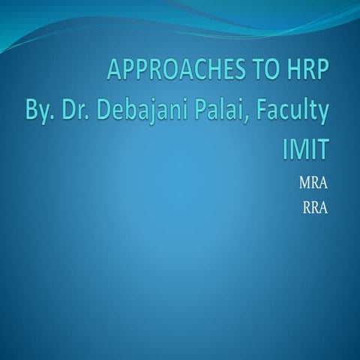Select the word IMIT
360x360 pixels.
click(x=304, y=148)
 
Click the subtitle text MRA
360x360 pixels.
click(x=313, y=182)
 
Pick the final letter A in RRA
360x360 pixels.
click(x=323, y=202)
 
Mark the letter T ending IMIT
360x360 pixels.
click(x=320, y=148)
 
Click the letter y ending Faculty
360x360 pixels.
click(x=323, y=115)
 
